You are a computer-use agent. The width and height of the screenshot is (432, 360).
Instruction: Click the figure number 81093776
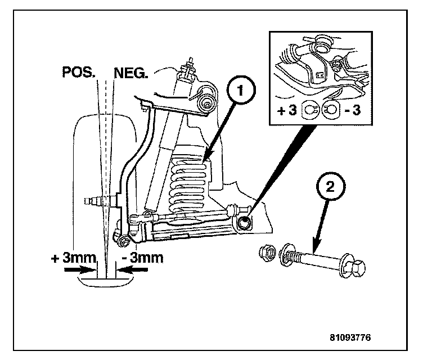pyautogui.click(x=350, y=339)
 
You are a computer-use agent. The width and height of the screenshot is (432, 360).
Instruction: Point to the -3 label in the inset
pyautogui.click(x=353, y=110)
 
